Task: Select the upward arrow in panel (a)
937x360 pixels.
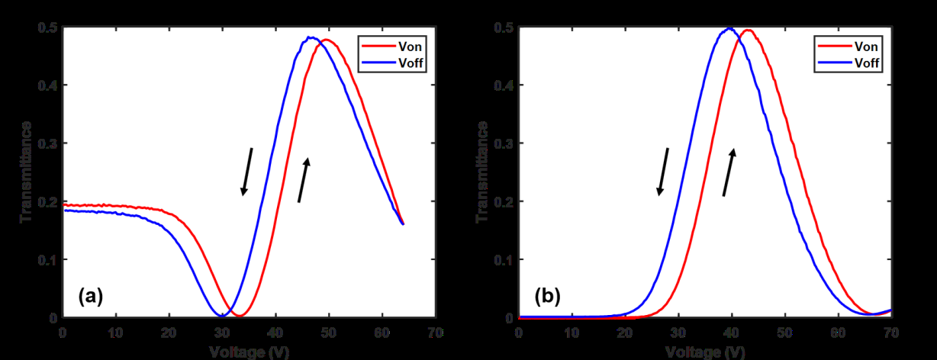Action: pyautogui.click(x=304, y=180)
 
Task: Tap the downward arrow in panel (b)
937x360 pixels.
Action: pyautogui.click(x=663, y=172)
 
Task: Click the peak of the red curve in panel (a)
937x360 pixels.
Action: pyautogui.click(x=327, y=40)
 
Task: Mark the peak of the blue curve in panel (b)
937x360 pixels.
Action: pyautogui.click(x=729, y=29)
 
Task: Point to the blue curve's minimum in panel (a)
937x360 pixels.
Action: pyautogui.click(x=222, y=315)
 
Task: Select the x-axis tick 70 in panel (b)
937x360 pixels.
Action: pyautogui.click(x=890, y=333)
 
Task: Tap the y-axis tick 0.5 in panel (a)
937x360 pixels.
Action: pyautogui.click(x=47, y=28)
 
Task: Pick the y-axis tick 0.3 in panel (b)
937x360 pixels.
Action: pyautogui.click(x=504, y=143)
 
